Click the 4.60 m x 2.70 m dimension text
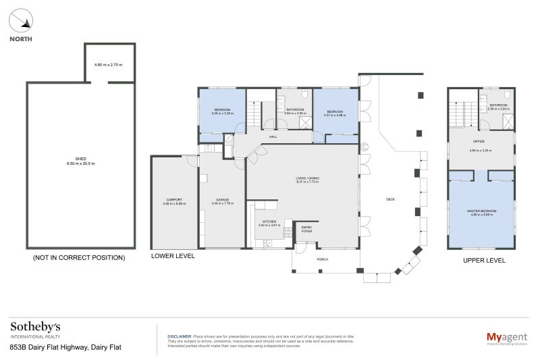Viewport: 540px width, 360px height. coord(109,65)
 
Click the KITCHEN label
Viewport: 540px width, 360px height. coord(269,222)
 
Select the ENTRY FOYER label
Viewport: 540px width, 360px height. coord(306,228)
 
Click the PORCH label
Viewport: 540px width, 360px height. coord(322,259)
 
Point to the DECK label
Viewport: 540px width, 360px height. coord(390,199)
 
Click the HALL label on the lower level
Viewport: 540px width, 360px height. coord(273,136)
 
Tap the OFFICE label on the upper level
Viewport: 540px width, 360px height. coord(479,141)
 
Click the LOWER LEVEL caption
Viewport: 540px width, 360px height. coord(173,257)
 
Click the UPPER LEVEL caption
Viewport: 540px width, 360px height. coord(483,260)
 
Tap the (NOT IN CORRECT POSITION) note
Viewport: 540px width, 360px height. coord(79,257)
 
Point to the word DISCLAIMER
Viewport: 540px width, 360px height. coord(179,335)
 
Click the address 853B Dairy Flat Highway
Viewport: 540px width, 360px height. coord(65,348)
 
